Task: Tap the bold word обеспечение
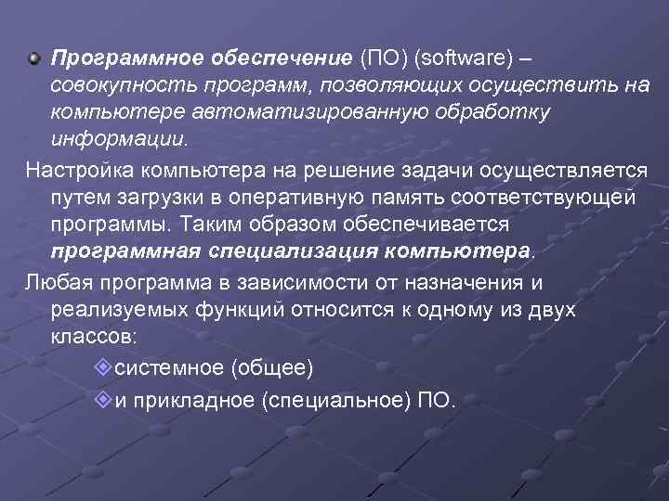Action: (x=288, y=59)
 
